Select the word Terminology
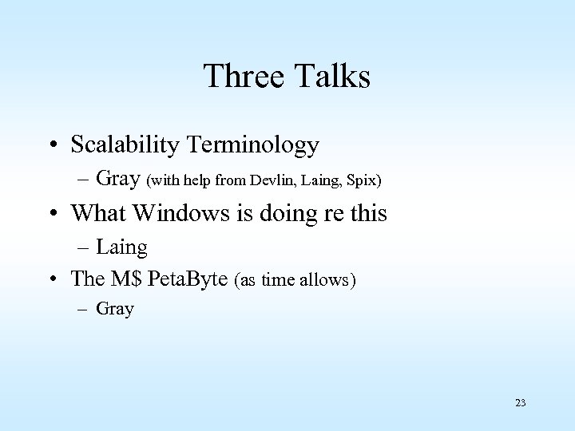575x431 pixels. pos(256,145)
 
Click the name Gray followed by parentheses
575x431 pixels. pos(117,179)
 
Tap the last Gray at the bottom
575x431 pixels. pos(117,309)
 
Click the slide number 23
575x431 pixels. pos(521,403)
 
